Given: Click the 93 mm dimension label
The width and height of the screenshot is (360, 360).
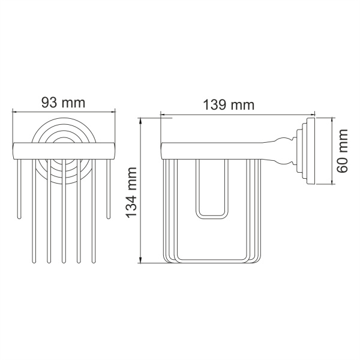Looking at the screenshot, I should click(62, 102).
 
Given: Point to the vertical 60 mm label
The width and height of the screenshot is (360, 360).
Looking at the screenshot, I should click(343, 153).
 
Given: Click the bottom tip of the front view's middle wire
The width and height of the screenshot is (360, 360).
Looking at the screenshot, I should click(63, 262).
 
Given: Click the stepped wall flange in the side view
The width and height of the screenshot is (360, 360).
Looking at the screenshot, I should click(308, 153).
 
